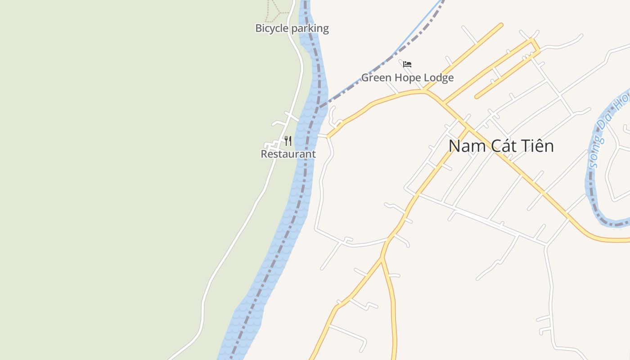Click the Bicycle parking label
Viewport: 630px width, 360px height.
292,28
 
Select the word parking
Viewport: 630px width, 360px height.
310,28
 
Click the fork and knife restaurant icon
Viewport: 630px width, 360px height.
288,141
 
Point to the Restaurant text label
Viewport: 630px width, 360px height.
288,154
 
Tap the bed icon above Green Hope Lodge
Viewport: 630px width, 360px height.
407,64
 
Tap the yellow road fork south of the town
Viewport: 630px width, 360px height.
382,258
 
